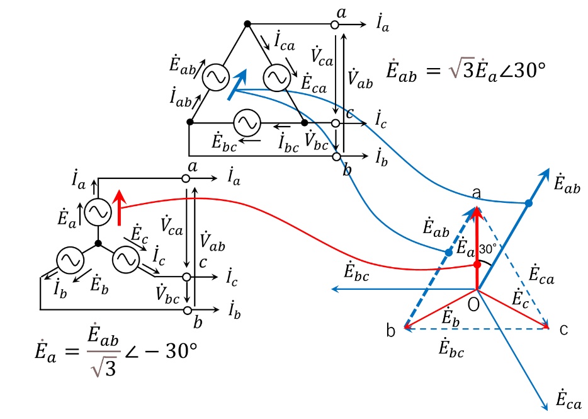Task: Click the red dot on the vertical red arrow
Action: [477, 265]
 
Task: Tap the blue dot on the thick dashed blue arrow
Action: [448, 253]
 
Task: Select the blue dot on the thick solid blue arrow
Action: [529, 203]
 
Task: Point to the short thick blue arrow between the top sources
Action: [237, 84]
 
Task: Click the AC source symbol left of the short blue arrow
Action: [216, 77]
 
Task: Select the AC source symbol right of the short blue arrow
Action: [277, 78]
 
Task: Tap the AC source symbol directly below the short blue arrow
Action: [247, 123]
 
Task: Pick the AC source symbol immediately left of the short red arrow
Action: [98, 212]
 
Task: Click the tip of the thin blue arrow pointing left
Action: [333, 289]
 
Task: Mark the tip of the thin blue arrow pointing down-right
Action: [546, 410]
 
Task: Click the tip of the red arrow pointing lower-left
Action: [405, 328]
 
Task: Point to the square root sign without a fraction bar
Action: [461, 67]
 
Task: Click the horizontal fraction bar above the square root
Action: [104, 351]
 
